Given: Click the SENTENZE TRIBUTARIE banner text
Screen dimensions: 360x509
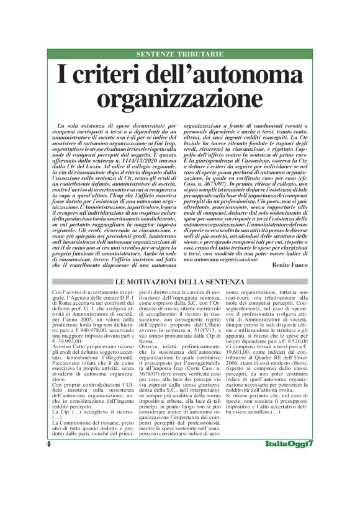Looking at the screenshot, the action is point(180,54).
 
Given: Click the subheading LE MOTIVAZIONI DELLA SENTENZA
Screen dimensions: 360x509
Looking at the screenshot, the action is point(180,283).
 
